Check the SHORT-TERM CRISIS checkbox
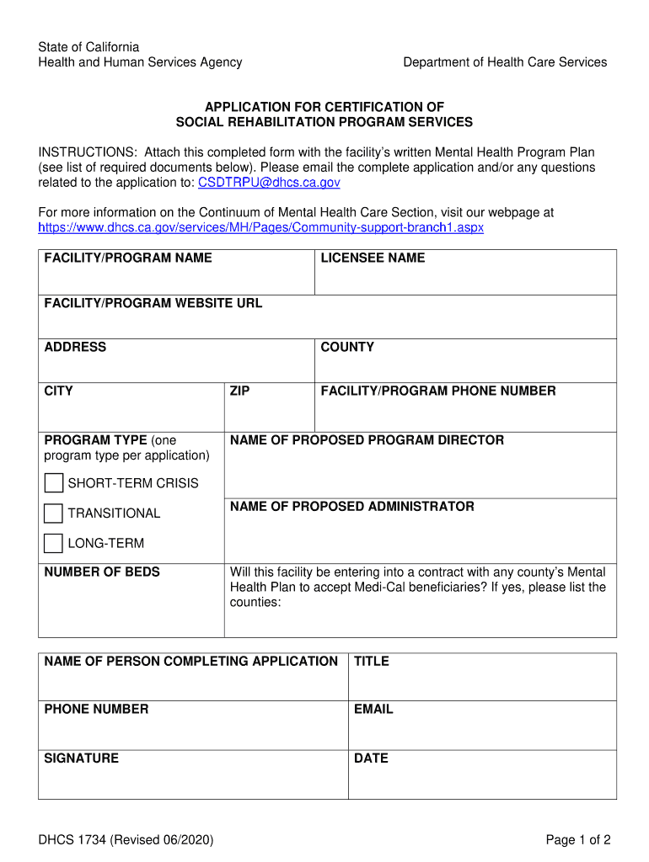click(54, 483)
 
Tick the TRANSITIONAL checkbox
click(54, 513)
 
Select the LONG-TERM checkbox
click(54, 543)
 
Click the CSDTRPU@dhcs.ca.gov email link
click(269, 183)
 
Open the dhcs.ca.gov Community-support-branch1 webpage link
click(261, 228)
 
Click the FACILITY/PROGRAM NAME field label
click(128, 258)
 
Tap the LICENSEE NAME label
click(373, 258)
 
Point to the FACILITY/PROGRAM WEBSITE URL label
click(153, 303)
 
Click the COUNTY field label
click(347, 347)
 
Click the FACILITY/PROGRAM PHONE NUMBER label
click(438, 391)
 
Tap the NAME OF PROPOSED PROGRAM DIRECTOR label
click(367, 440)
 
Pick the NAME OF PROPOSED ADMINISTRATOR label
click(352, 507)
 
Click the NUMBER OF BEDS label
click(102, 572)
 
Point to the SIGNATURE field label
click(82, 758)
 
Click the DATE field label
click(371, 758)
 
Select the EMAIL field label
click(373, 710)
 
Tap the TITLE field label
click(372, 662)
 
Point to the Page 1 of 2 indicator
click(577, 840)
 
